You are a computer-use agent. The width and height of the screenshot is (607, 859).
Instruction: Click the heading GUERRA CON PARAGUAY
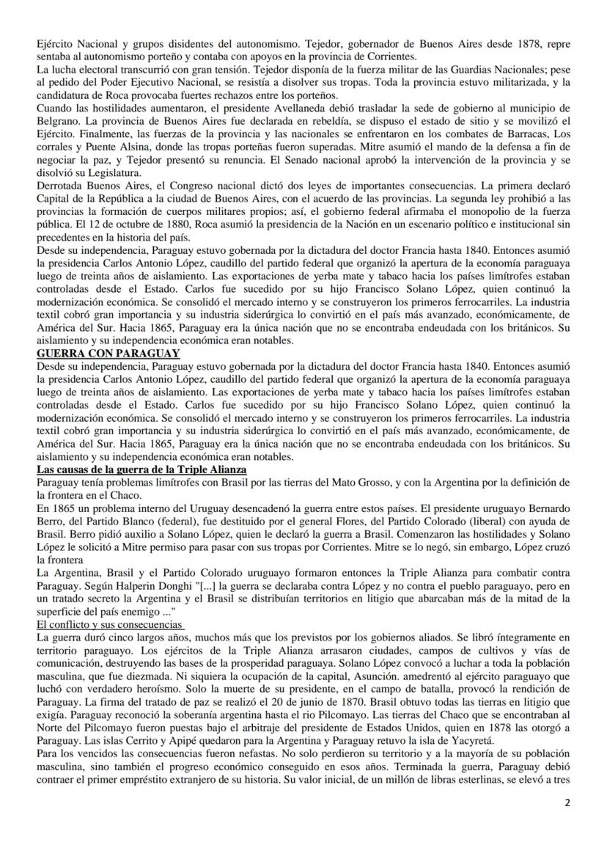pyautogui.click(x=108, y=354)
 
